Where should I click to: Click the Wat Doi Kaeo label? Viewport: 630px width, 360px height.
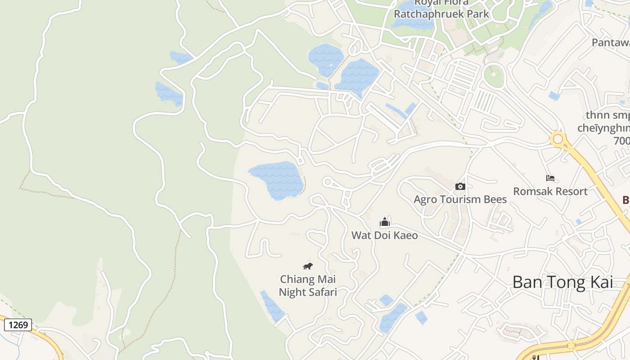[x=384, y=235]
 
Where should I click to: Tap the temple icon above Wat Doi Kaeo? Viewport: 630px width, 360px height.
[x=384, y=222]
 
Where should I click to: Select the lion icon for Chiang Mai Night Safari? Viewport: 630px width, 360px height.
[x=308, y=266]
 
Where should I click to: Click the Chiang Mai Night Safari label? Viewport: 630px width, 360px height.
[x=308, y=286]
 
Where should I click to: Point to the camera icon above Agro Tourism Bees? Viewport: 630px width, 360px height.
[x=460, y=186]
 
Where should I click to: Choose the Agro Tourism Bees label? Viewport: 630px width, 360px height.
[x=460, y=199]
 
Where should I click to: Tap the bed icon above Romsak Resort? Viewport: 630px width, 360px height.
[x=550, y=178]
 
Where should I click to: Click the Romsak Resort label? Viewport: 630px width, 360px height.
[x=550, y=191]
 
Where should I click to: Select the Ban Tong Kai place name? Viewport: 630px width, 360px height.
[x=562, y=282]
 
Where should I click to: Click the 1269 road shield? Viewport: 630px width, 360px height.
[x=18, y=324]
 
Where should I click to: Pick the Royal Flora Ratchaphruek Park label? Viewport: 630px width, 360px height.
[x=441, y=9]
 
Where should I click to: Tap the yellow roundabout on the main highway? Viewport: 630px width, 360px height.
[x=558, y=139]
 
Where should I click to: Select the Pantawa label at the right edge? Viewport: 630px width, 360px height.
[x=610, y=43]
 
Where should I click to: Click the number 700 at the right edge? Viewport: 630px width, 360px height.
[x=621, y=141]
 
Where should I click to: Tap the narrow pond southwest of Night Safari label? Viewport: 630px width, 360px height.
[x=272, y=306]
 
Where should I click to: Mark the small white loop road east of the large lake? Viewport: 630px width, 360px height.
[x=328, y=182]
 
